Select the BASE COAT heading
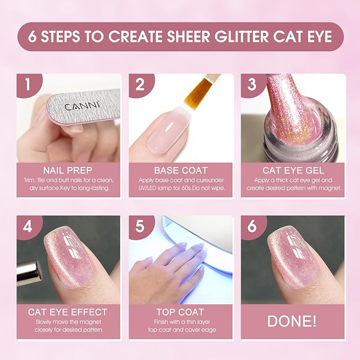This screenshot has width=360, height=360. (180, 170)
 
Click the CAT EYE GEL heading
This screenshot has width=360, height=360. (293, 170)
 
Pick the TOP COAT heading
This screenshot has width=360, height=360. (180, 312)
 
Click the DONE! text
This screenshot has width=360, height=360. (293, 322)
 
